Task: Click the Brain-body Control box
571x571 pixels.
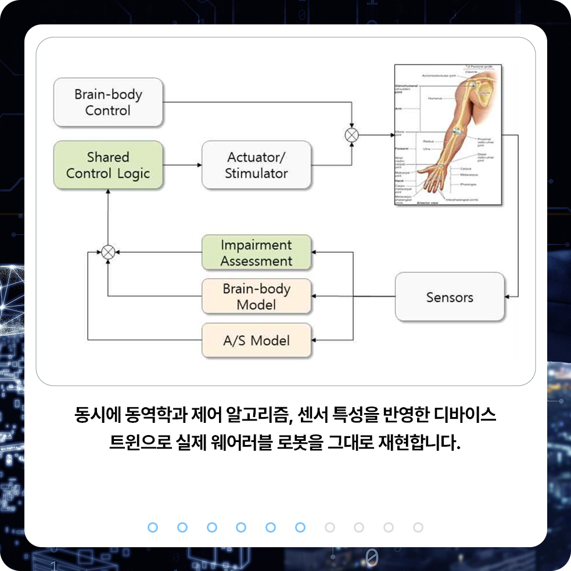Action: (108, 102)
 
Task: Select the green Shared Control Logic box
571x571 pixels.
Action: (108, 165)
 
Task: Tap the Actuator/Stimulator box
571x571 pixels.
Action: (256, 165)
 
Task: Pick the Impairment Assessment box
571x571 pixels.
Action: (256, 253)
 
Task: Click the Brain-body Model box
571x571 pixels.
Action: (256, 296)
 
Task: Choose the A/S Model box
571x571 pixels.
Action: (256, 340)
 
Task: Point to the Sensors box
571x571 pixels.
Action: (450, 297)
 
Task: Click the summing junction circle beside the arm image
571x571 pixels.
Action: (352, 135)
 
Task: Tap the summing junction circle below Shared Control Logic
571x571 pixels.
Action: (108, 252)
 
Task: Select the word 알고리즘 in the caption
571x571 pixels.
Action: (264, 415)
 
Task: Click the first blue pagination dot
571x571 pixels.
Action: (153, 527)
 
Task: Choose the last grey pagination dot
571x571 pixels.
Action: (418, 527)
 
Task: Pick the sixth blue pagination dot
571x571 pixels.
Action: (300, 527)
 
